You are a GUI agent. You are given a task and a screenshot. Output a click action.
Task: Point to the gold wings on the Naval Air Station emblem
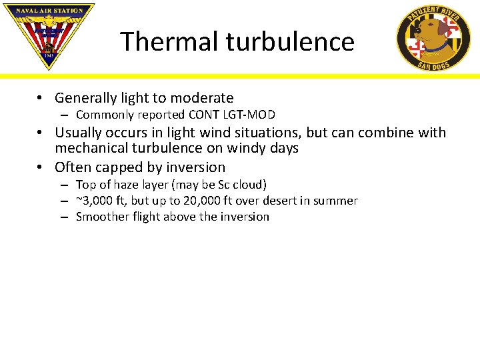(x=48, y=20)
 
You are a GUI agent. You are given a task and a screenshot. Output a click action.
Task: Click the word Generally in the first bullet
(x=85, y=98)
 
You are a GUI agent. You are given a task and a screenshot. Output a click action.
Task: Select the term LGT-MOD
(x=251, y=115)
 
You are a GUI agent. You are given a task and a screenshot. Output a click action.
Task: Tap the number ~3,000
(x=95, y=201)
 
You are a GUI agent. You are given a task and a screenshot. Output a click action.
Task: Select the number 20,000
(x=203, y=201)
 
